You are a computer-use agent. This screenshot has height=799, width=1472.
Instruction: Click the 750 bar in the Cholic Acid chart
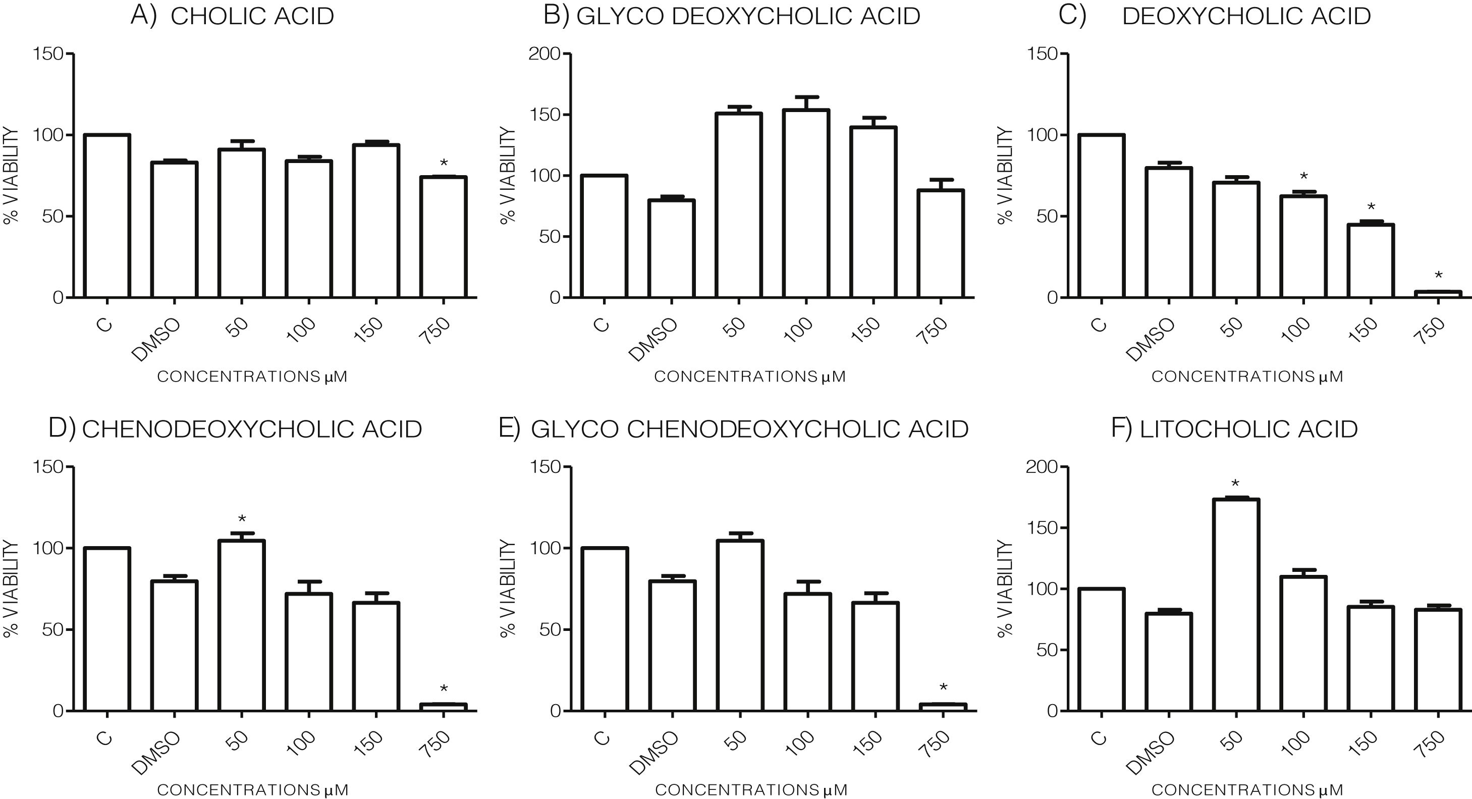444,237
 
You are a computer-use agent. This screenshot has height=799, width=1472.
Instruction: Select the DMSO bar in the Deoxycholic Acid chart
1169,233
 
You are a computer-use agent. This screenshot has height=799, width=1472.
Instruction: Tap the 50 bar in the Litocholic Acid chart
1236,605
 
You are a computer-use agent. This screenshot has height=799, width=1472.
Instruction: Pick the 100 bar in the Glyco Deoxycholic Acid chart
806,203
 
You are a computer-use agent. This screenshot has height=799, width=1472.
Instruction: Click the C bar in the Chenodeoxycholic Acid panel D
107,629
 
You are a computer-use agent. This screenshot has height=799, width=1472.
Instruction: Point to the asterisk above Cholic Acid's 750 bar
444,164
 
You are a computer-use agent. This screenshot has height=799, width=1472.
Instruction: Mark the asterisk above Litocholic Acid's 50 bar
1236,484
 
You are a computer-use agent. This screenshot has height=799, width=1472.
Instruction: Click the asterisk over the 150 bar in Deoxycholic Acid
1371,207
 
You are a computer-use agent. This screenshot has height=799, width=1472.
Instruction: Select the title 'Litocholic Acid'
1248,429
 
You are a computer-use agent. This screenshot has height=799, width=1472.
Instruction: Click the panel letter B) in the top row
556,16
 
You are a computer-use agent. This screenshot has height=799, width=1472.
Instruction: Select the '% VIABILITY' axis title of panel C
1005,176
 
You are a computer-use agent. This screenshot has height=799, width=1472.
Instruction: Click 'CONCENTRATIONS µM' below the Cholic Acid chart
252,377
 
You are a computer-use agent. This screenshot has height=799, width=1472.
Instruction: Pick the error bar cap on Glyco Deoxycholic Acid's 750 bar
941,180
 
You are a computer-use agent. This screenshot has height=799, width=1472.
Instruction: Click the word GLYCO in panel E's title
574,429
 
